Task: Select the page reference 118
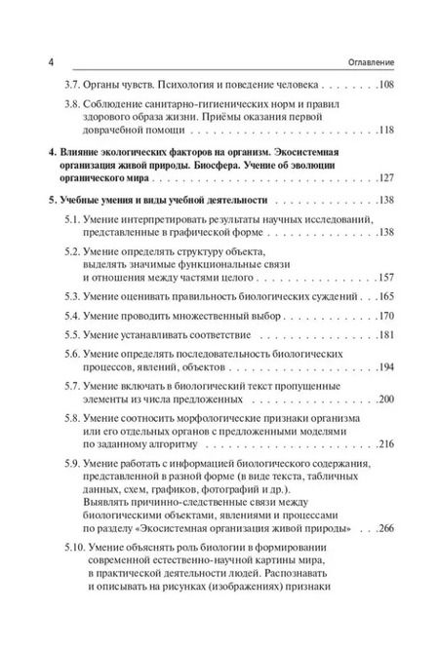coord(384,130)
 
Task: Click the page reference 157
coord(384,277)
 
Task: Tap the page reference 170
coord(384,316)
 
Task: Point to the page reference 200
coord(384,402)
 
